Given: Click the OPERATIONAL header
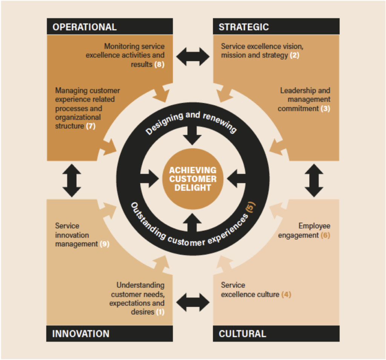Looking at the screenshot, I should [84, 27].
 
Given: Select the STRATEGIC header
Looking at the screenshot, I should [244, 27].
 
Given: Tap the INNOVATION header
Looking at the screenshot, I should [81, 334].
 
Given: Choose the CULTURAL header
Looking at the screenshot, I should [242, 334].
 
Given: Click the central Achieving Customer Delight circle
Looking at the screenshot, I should [193, 179].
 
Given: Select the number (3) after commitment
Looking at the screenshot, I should [325, 109].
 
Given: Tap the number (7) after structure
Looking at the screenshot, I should [90, 126].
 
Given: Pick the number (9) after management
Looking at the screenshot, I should [104, 244].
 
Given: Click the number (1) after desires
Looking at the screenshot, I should [160, 312].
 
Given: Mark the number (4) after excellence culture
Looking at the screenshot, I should [286, 294].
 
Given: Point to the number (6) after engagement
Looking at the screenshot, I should [325, 235].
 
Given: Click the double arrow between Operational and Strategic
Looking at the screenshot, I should [193, 57].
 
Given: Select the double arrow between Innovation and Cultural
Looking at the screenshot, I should [193, 302].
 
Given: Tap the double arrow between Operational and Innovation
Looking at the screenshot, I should [72, 180].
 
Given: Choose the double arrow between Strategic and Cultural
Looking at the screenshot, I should [314, 180].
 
